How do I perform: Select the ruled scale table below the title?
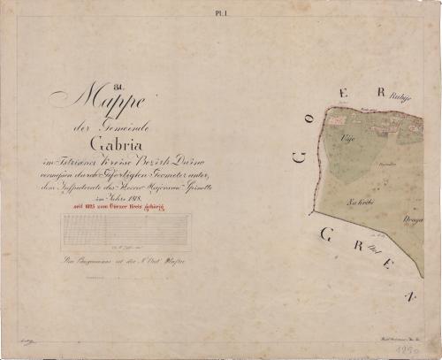pos(126,232)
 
